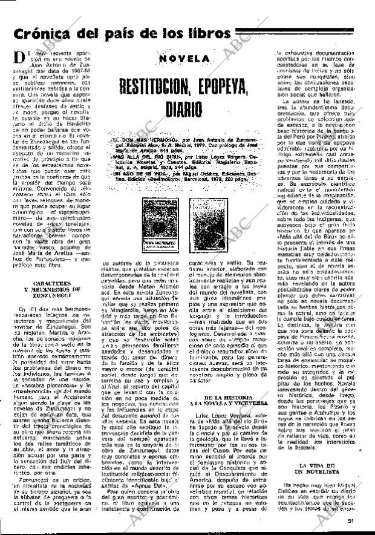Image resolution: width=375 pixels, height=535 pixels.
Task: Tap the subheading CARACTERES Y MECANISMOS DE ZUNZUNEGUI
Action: [x=46, y=272]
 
